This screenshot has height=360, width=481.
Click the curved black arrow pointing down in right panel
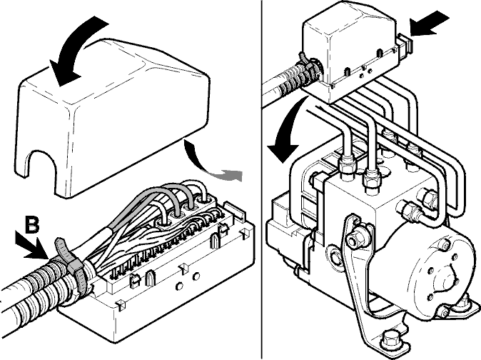287,129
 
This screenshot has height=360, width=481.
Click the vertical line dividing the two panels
262,180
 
